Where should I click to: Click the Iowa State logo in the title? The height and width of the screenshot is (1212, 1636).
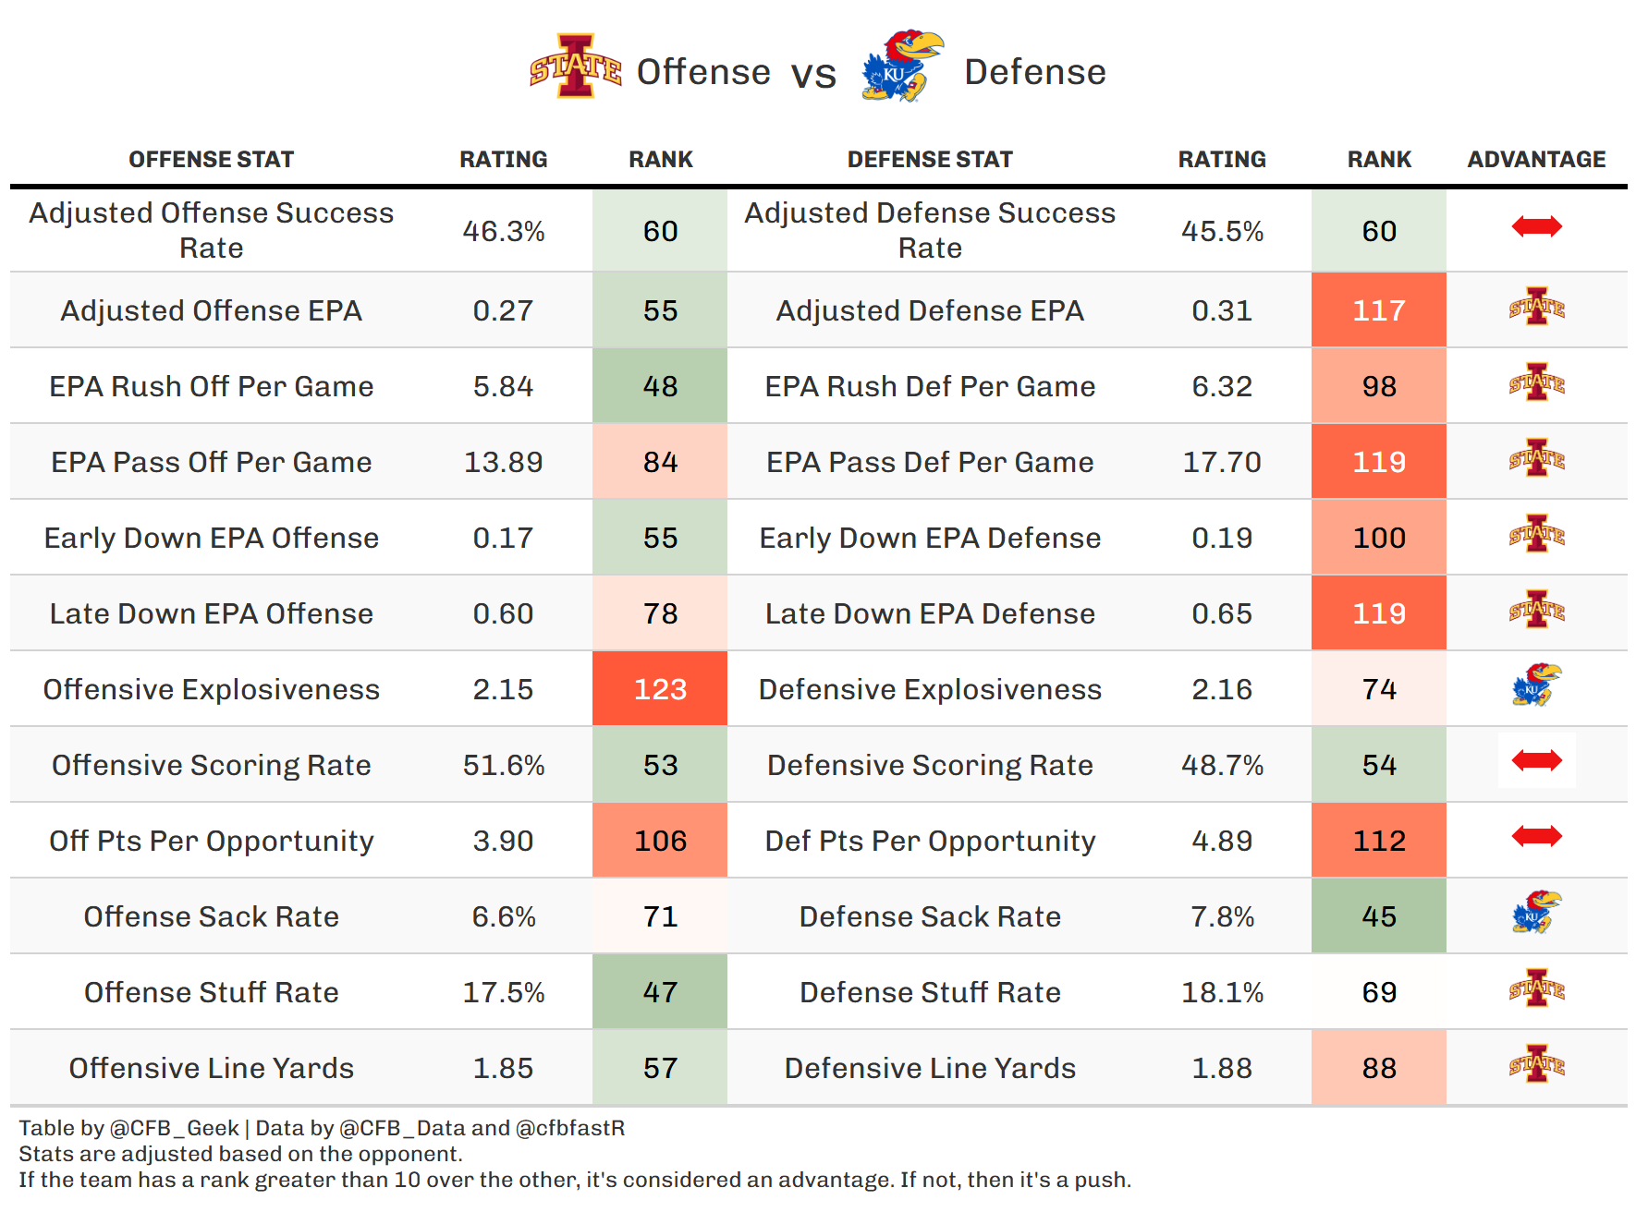click(575, 67)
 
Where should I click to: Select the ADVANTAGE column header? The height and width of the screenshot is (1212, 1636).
click(1536, 160)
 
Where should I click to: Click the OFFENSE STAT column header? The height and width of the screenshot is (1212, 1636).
click(211, 160)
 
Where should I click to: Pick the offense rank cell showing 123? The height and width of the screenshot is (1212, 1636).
click(660, 689)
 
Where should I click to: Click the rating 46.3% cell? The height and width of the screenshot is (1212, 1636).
click(503, 231)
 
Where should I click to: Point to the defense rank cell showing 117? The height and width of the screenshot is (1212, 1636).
click(1378, 310)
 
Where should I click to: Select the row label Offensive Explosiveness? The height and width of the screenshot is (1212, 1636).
click(211, 689)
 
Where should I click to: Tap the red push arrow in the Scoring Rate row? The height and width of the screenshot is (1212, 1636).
click(1536, 760)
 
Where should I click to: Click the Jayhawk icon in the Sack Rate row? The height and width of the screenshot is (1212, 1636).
click(1536, 912)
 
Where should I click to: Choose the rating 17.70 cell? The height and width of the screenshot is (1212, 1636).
click(1222, 462)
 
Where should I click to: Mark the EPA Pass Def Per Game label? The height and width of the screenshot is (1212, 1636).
click(930, 462)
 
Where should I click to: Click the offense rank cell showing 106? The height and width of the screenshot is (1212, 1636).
click(660, 841)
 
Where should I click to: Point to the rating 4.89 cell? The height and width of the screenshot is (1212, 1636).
click(1222, 841)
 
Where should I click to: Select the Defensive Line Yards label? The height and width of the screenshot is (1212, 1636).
click(930, 1068)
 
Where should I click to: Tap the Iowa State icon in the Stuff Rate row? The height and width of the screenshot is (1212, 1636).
click(1536, 988)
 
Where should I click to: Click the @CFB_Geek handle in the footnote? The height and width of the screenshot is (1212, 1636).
click(175, 1128)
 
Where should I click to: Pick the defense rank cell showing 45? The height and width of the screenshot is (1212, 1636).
click(1378, 916)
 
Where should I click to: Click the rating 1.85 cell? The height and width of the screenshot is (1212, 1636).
click(503, 1068)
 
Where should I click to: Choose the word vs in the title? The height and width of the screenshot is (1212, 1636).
click(813, 74)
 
